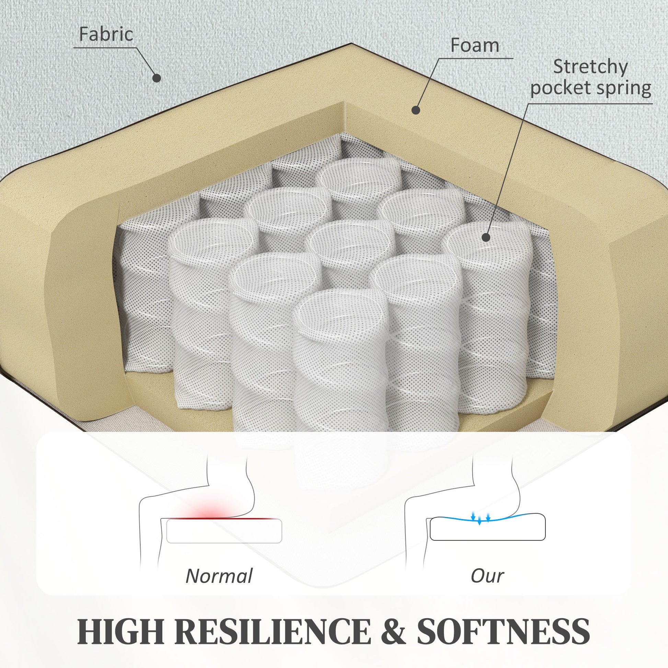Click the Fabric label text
coord(106,34)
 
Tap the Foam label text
coord(475,45)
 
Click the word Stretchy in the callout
coord(590,67)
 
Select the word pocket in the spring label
coord(561,88)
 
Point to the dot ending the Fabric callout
coord(157,78)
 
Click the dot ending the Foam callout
coord(416,110)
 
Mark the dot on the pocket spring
coord(486,237)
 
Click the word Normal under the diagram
coord(219,576)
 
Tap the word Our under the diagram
coord(487,576)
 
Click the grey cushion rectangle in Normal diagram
coord(224,531)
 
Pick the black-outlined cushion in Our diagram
coord(487,527)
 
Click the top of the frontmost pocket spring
coord(341,313)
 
